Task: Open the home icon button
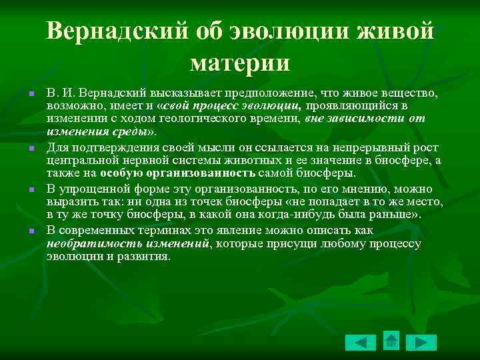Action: pos(391,341)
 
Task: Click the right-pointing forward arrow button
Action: pos(421,342)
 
